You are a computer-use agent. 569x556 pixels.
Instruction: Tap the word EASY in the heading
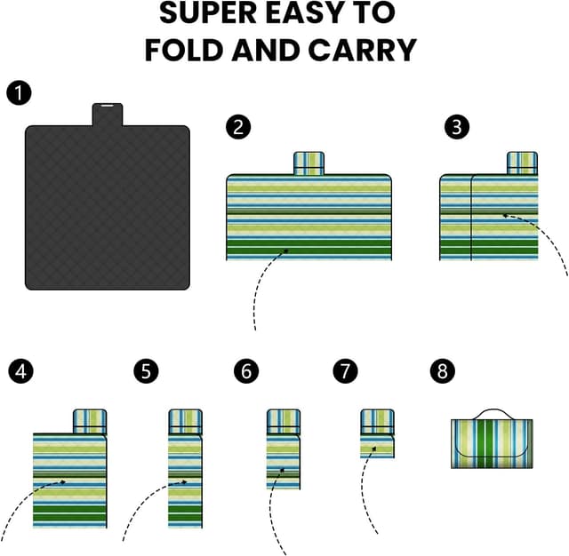click(304, 13)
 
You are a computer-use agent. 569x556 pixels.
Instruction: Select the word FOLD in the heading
click(183, 50)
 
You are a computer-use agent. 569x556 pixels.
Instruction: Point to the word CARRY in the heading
click(362, 50)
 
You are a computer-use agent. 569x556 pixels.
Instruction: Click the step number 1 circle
click(19, 92)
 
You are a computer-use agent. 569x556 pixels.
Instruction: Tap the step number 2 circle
click(238, 127)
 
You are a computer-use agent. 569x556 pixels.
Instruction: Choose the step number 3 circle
click(457, 127)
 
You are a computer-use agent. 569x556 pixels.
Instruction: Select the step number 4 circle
click(21, 371)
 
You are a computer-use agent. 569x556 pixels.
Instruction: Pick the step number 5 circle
click(146, 371)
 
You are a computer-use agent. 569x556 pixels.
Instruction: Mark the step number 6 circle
click(246, 371)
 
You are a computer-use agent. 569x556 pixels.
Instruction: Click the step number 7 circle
click(346, 371)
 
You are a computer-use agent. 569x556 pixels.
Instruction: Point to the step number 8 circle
click(443, 371)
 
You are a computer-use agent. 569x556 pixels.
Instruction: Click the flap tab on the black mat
click(108, 115)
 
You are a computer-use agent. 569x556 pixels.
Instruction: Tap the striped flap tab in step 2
click(309, 163)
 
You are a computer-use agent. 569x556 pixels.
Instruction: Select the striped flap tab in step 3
click(522, 163)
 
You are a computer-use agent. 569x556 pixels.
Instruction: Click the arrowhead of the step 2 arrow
click(285, 250)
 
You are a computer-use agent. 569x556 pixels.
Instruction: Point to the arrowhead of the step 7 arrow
click(374, 449)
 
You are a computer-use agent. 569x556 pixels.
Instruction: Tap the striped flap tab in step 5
click(185, 422)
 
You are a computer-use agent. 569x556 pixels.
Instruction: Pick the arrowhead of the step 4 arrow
click(62, 481)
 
